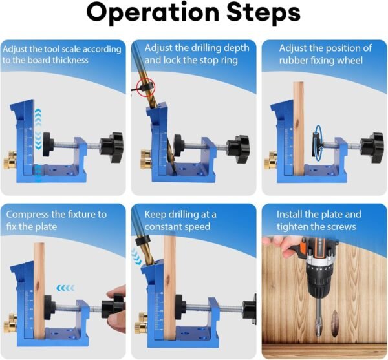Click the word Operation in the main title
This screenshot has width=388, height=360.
(153, 12)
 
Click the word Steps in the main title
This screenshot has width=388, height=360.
(263, 14)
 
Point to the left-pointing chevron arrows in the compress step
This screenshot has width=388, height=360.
(65, 288)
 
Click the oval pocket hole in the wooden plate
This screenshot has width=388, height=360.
(335, 323)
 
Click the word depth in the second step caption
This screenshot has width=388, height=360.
(236, 48)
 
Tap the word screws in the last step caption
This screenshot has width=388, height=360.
(343, 227)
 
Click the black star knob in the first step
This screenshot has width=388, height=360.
(112, 147)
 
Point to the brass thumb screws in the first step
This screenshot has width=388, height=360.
(10, 160)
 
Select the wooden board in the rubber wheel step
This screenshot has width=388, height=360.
(299, 128)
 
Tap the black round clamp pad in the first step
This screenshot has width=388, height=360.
(48, 144)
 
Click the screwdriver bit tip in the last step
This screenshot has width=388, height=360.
(318, 329)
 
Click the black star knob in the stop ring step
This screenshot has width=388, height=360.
(239, 149)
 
